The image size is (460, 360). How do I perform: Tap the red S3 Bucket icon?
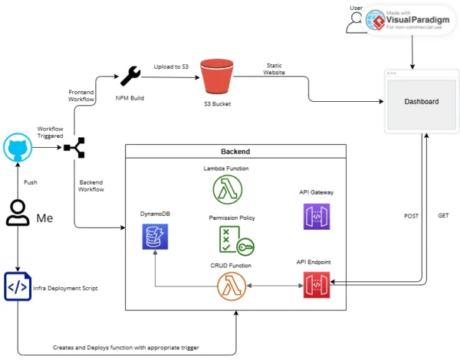(216, 77)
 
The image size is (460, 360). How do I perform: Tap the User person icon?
(356, 21)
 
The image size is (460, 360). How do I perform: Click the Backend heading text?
(235, 152)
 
